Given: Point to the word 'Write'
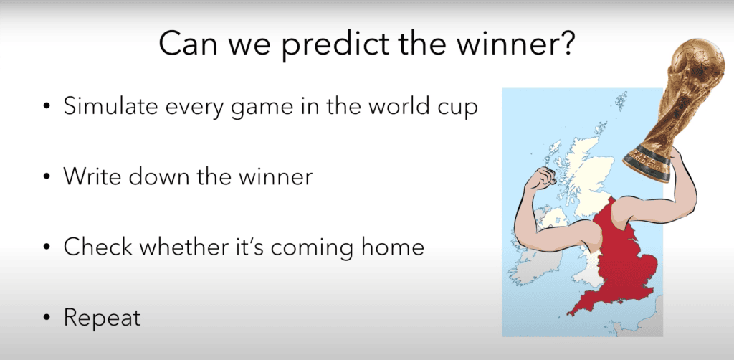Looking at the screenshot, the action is tap(89, 177).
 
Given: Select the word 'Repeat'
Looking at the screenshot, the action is tap(102, 318).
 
